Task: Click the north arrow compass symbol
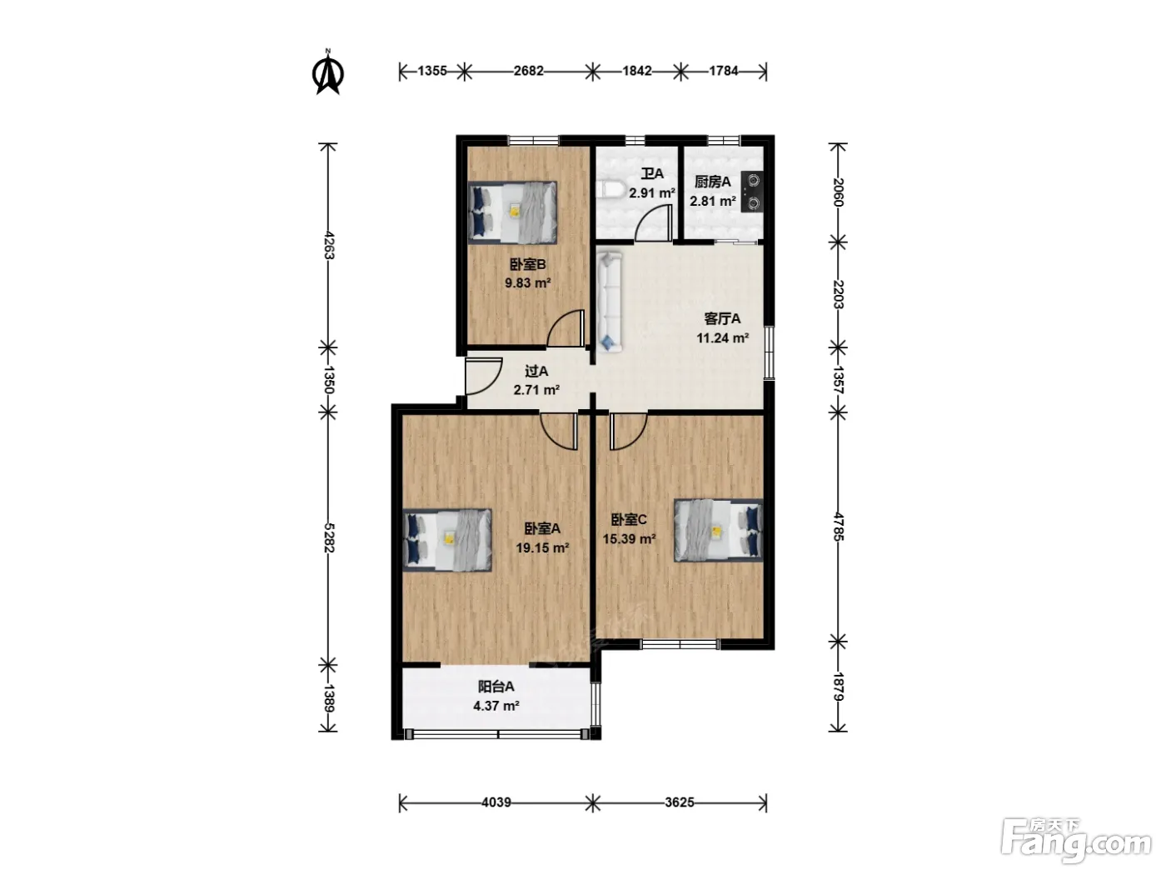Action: [328, 72]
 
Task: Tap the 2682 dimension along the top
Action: [528, 71]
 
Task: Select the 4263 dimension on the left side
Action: [329, 246]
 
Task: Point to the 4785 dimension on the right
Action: [838, 527]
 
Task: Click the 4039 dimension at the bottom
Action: [496, 802]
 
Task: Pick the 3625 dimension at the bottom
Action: [680, 802]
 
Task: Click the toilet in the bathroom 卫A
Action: [608, 190]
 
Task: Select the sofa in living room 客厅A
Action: [610, 301]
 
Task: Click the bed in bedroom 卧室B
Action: [512, 212]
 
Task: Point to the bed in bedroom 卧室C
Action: [718, 530]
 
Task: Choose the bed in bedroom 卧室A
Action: [447, 540]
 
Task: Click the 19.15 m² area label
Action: [542, 547]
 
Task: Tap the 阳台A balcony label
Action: [496, 687]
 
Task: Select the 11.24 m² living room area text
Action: [722, 337]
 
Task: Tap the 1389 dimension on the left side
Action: [329, 698]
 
